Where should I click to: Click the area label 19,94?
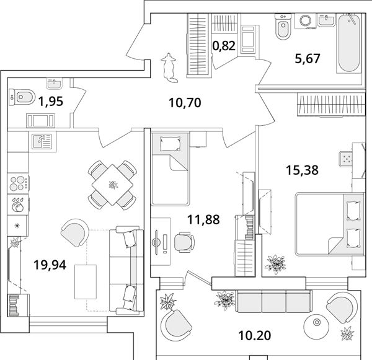coord(50,265)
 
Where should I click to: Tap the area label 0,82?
coord(224,46)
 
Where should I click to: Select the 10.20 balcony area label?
coord(255,336)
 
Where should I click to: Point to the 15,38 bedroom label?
coord(303,170)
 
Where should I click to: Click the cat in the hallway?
coord(169,68)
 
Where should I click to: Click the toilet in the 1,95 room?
coord(22,97)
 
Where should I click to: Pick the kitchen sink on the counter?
coord(42,141)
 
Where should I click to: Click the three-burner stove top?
coord(18,183)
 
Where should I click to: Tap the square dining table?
coord(112,185)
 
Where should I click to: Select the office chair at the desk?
coord(184,242)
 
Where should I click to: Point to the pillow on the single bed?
coord(170,143)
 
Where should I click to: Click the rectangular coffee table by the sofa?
coord(86,282)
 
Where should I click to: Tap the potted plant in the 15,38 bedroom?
coord(276,263)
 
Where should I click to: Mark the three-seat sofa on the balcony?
coord(273,301)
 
